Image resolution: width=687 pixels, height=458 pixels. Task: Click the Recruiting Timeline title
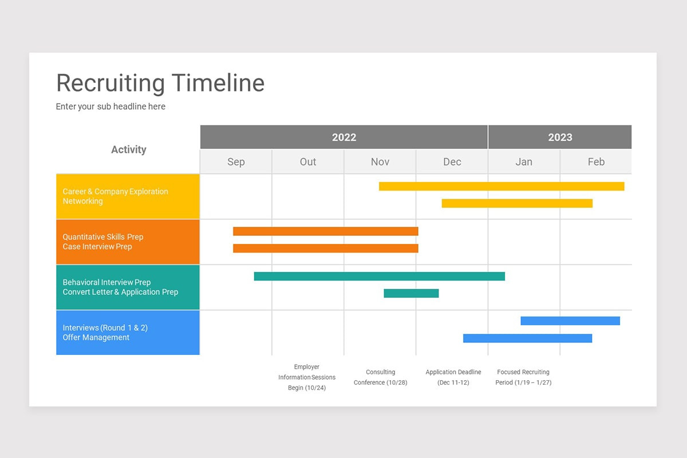(x=160, y=83)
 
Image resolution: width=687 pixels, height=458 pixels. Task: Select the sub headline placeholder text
(x=110, y=106)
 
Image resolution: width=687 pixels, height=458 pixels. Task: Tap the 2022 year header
(x=343, y=137)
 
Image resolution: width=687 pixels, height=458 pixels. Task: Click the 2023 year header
(x=559, y=137)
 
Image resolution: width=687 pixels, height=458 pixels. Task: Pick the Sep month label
(x=236, y=162)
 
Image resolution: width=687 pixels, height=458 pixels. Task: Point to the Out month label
(x=308, y=162)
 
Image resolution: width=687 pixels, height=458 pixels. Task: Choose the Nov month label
(x=380, y=162)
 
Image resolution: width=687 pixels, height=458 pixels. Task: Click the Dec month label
(x=452, y=162)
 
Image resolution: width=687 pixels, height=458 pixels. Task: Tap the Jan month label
(x=524, y=162)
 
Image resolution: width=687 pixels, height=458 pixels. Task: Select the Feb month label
(x=596, y=162)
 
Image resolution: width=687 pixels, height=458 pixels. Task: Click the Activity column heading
(x=128, y=149)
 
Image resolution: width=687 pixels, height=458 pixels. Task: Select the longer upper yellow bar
(x=502, y=186)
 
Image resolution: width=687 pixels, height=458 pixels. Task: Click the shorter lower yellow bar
(x=517, y=203)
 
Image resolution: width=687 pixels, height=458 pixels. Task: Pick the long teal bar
(x=380, y=276)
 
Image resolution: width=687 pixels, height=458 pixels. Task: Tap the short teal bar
(x=411, y=293)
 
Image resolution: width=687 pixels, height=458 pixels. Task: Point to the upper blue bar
(x=570, y=321)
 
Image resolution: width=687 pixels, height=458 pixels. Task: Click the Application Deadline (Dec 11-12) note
(x=453, y=377)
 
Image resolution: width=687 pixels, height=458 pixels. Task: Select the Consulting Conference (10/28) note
(x=380, y=377)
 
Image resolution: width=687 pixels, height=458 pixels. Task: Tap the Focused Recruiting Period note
(x=523, y=377)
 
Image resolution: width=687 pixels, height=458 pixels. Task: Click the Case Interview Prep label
(x=97, y=247)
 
